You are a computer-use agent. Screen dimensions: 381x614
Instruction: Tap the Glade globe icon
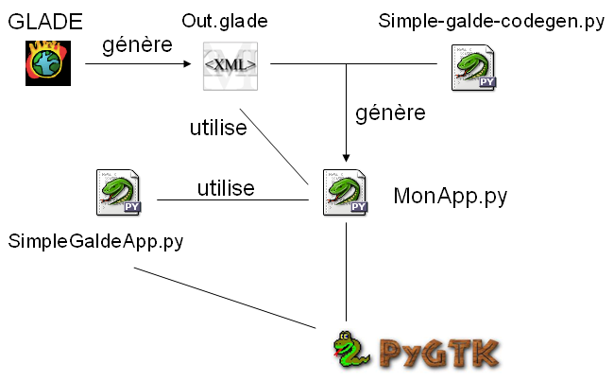[x=43, y=64]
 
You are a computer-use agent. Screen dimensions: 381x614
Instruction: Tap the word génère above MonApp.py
[x=389, y=113]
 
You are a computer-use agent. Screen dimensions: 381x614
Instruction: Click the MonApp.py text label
[x=450, y=197]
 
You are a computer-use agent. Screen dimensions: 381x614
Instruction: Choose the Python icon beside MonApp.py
[x=346, y=195]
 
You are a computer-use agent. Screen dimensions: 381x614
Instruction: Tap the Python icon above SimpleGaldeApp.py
[x=119, y=193]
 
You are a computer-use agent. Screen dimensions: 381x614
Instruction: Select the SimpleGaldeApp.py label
[x=95, y=241]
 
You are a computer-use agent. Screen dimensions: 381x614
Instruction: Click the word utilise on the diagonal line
[x=217, y=128]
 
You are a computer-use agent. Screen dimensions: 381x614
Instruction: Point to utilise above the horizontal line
[x=225, y=188]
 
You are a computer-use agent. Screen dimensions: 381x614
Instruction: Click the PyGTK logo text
[x=438, y=352]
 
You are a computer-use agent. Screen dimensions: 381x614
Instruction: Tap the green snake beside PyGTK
[x=352, y=352]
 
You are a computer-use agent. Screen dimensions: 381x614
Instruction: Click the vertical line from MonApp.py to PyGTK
[x=347, y=274]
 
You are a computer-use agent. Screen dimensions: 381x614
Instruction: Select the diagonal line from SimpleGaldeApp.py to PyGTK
[x=227, y=298]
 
